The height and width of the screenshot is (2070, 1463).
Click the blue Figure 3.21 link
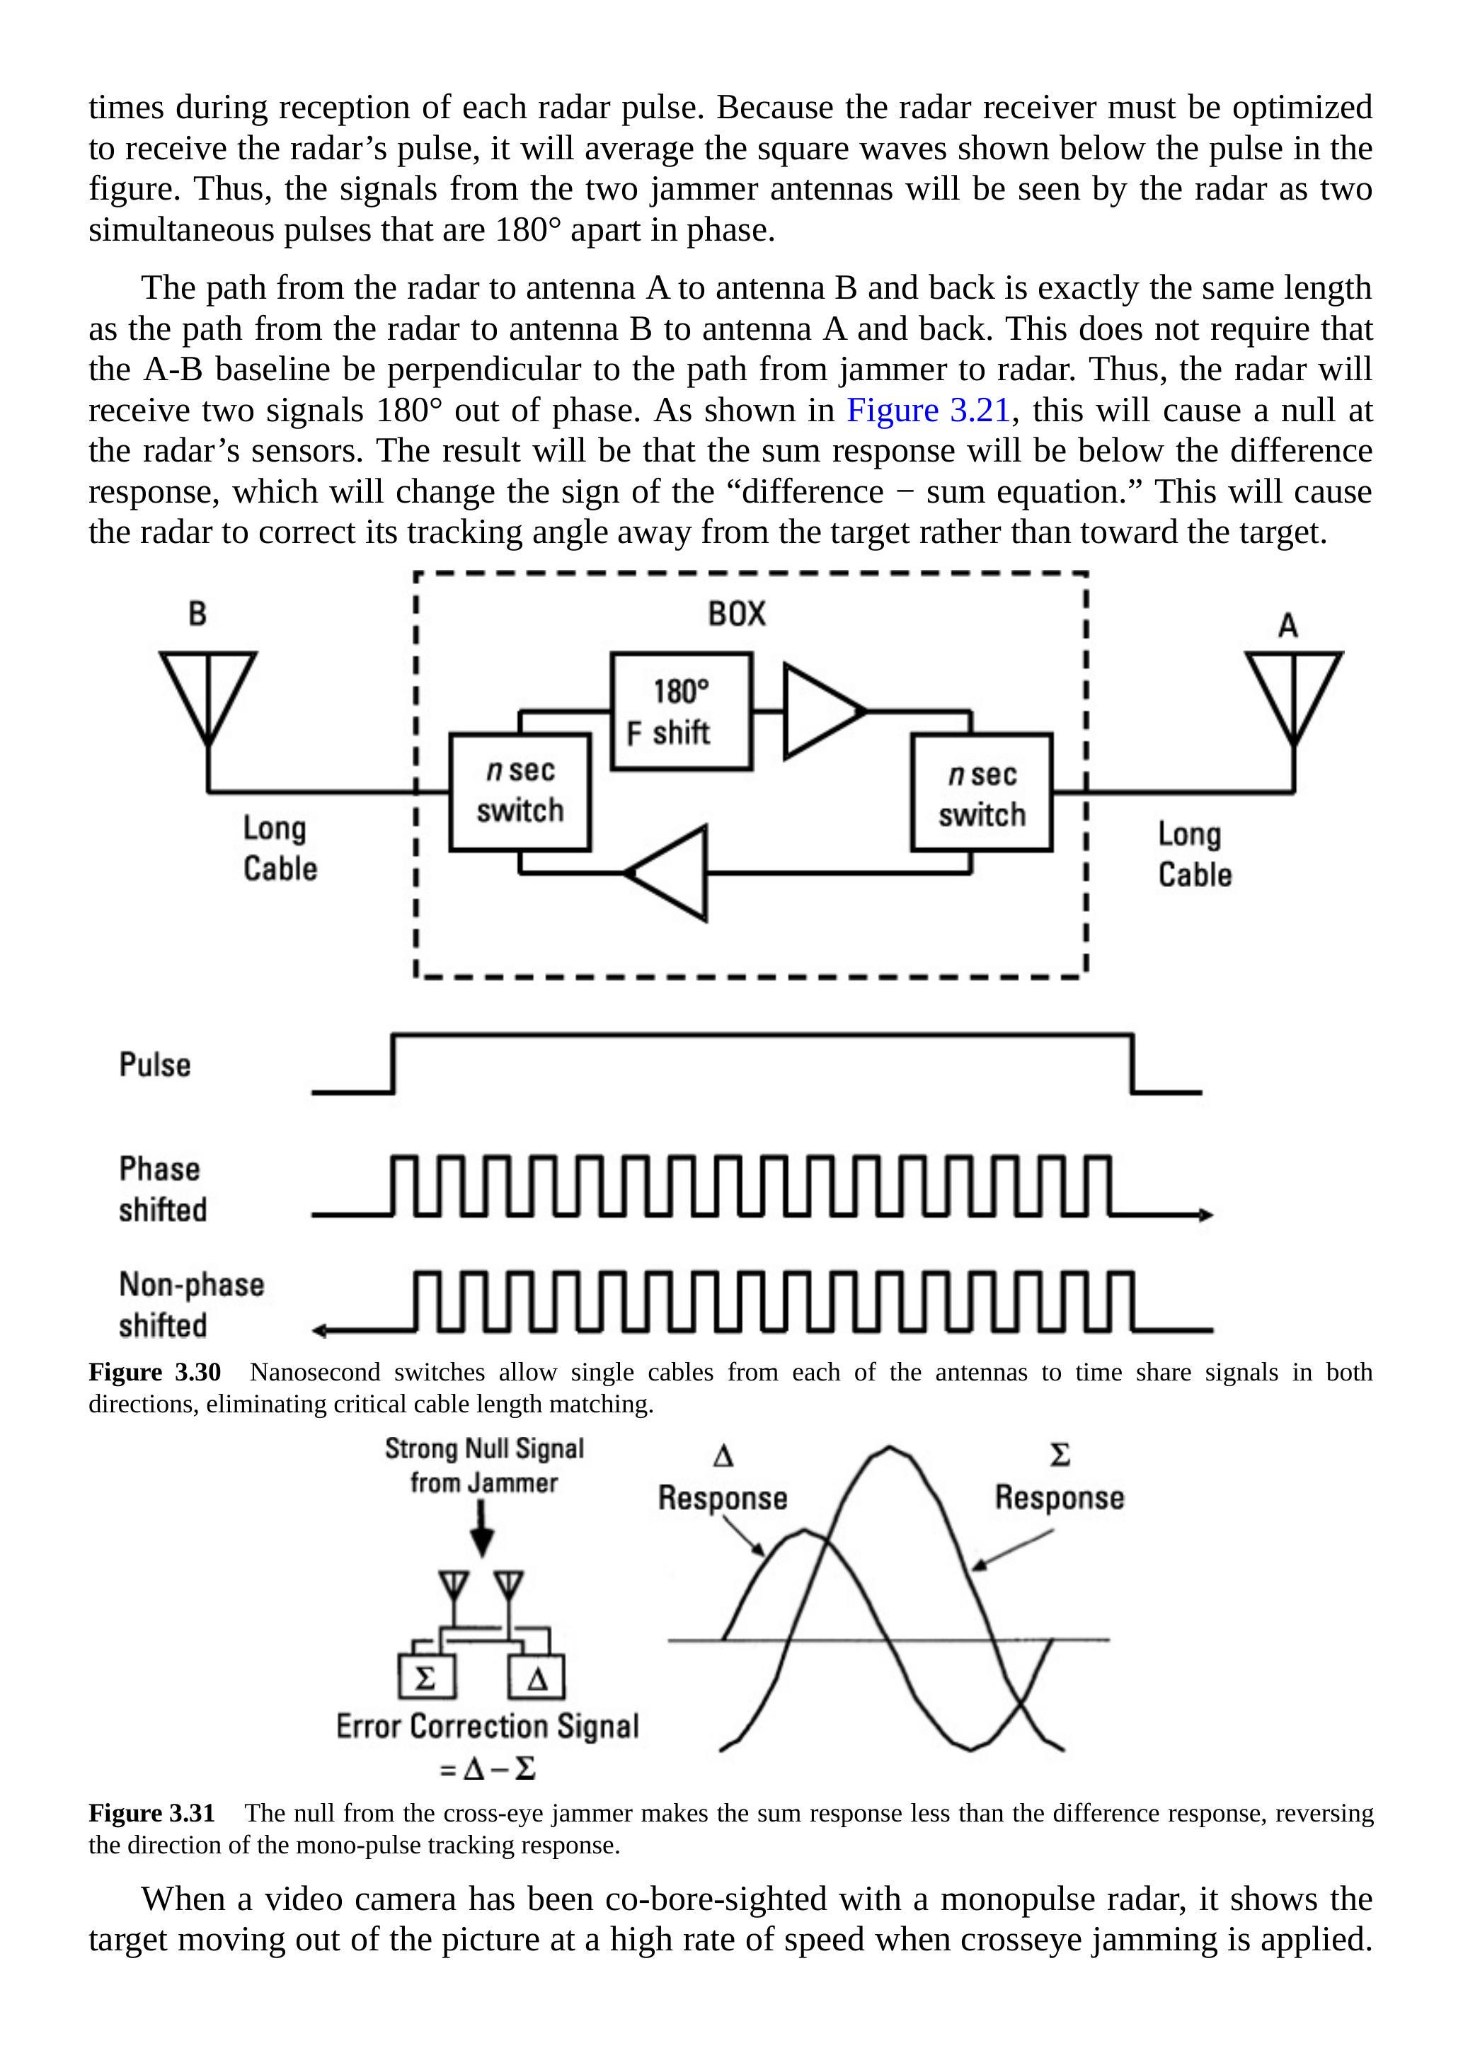point(928,410)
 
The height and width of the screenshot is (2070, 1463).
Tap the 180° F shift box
point(681,711)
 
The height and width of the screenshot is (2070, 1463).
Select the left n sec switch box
point(520,791)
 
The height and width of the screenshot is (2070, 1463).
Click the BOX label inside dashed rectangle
point(737,614)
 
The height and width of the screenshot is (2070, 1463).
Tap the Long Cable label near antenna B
point(280,848)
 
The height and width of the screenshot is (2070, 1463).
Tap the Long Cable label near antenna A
point(1194,854)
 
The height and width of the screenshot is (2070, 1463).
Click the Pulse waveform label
point(155,1065)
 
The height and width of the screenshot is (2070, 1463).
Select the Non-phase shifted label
point(191,1305)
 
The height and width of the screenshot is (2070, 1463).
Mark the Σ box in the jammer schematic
point(425,1678)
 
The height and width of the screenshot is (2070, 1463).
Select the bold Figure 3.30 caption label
point(154,1372)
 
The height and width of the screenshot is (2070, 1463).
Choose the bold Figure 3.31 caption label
point(151,1813)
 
